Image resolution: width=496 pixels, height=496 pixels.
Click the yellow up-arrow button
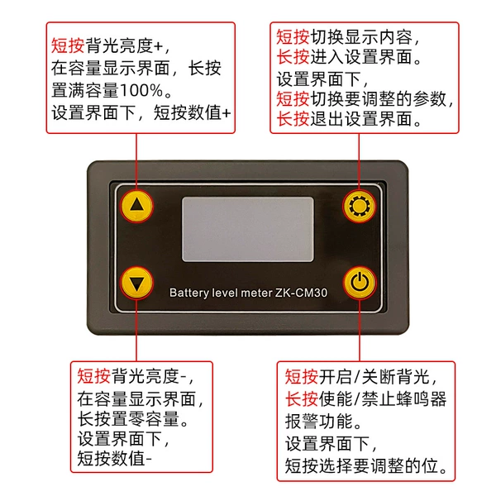(x=136, y=206)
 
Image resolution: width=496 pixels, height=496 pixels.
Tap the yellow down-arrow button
(x=136, y=283)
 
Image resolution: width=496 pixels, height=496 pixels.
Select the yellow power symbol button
(x=360, y=283)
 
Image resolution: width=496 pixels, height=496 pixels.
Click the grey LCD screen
(x=248, y=229)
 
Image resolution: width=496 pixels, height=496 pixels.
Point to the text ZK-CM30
(x=301, y=293)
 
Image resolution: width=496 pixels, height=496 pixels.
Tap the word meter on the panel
(x=256, y=293)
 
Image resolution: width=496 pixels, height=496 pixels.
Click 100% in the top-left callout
(x=141, y=90)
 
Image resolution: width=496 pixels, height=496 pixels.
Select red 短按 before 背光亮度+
(x=68, y=45)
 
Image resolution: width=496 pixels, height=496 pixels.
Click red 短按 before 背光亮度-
(x=93, y=376)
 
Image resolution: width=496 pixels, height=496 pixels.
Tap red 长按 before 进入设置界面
(x=293, y=58)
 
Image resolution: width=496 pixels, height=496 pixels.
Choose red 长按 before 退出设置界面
(x=293, y=119)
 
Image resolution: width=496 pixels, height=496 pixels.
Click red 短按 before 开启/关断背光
(x=301, y=376)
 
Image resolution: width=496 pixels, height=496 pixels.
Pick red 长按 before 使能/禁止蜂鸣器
(x=301, y=398)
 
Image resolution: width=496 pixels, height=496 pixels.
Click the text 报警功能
(x=318, y=421)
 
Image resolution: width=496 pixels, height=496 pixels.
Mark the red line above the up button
(x=136, y=162)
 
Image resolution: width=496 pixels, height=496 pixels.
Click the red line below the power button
(x=360, y=330)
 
